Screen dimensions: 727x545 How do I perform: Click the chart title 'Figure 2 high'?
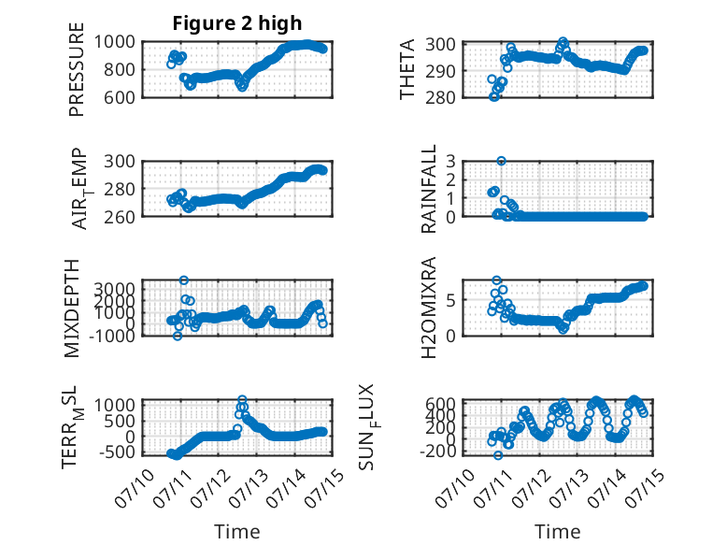pyautogui.click(x=237, y=23)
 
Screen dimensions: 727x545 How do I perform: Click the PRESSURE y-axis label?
pyautogui.click(x=77, y=69)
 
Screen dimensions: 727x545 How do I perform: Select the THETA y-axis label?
pyautogui.click(x=407, y=69)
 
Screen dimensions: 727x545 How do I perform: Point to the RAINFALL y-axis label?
pyautogui.click(x=428, y=189)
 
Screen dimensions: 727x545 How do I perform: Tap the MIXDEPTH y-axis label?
pyautogui.click(x=72, y=308)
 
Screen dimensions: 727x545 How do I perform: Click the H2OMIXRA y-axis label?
pyautogui.click(x=428, y=308)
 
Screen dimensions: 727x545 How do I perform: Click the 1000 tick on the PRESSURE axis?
pyautogui.click(x=115, y=42)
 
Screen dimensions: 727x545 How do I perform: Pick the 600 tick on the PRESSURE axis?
pyautogui.click(x=120, y=98)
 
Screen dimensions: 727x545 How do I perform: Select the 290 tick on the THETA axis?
pyautogui.click(x=440, y=71)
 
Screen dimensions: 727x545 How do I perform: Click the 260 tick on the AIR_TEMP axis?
pyautogui.click(x=120, y=217)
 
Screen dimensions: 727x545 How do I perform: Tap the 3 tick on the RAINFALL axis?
pyautogui.click(x=450, y=162)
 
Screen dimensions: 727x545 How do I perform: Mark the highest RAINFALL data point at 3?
pyautogui.click(x=501, y=161)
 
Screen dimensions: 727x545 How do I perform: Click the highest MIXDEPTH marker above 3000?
pyautogui.click(x=184, y=280)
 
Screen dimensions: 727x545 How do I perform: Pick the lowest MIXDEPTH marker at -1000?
pyautogui.click(x=178, y=337)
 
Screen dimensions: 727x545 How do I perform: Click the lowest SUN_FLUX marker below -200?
pyautogui.click(x=498, y=455)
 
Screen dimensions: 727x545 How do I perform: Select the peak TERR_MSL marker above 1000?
pyautogui.click(x=242, y=399)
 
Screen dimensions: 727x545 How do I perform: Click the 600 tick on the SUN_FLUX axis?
pyautogui.click(x=440, y=404)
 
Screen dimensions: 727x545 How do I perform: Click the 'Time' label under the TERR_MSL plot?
pyautogui.click(x=237, y=532)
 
